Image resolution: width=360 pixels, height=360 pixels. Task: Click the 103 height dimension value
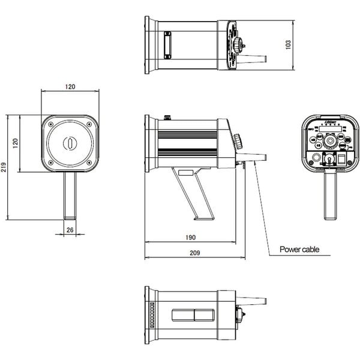click(x=288, y=45)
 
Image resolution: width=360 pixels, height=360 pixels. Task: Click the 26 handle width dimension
click(x=70, y=230)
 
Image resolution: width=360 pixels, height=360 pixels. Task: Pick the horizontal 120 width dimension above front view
click(x=70, y=87)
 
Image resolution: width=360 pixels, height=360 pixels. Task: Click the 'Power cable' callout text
click(x=299, y=249)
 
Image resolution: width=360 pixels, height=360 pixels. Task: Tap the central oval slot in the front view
click(x=70, y=143)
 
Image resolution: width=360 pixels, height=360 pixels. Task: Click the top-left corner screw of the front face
click(x=50, y=124)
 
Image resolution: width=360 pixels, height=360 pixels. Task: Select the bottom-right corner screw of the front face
click(x=89, y=163)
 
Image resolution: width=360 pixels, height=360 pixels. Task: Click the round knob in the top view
click(x=239, y=44)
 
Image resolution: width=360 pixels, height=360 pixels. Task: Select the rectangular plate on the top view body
click(x=169, y=45)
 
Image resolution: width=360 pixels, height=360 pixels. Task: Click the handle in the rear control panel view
click(x=329, y=195)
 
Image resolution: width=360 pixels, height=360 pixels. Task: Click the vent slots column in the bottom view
click(x=151, y=314)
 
